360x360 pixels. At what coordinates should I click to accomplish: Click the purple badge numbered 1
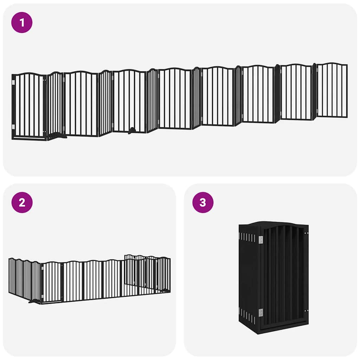pos(22,22)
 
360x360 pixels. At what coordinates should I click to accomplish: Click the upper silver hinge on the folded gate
pos(261,240)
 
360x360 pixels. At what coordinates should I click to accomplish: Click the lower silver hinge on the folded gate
pos(261,312)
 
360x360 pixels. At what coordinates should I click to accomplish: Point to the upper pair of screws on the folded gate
pos(307,233)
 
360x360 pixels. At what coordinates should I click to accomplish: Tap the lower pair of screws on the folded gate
pos(307,311)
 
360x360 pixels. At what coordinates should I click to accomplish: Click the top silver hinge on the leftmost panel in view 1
pos(13,83)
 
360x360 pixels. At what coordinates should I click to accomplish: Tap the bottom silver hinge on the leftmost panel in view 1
pos(13,127)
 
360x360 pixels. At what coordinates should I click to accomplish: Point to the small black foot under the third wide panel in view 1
pos(131,131)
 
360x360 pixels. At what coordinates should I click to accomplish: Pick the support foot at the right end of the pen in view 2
pos(164,290)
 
